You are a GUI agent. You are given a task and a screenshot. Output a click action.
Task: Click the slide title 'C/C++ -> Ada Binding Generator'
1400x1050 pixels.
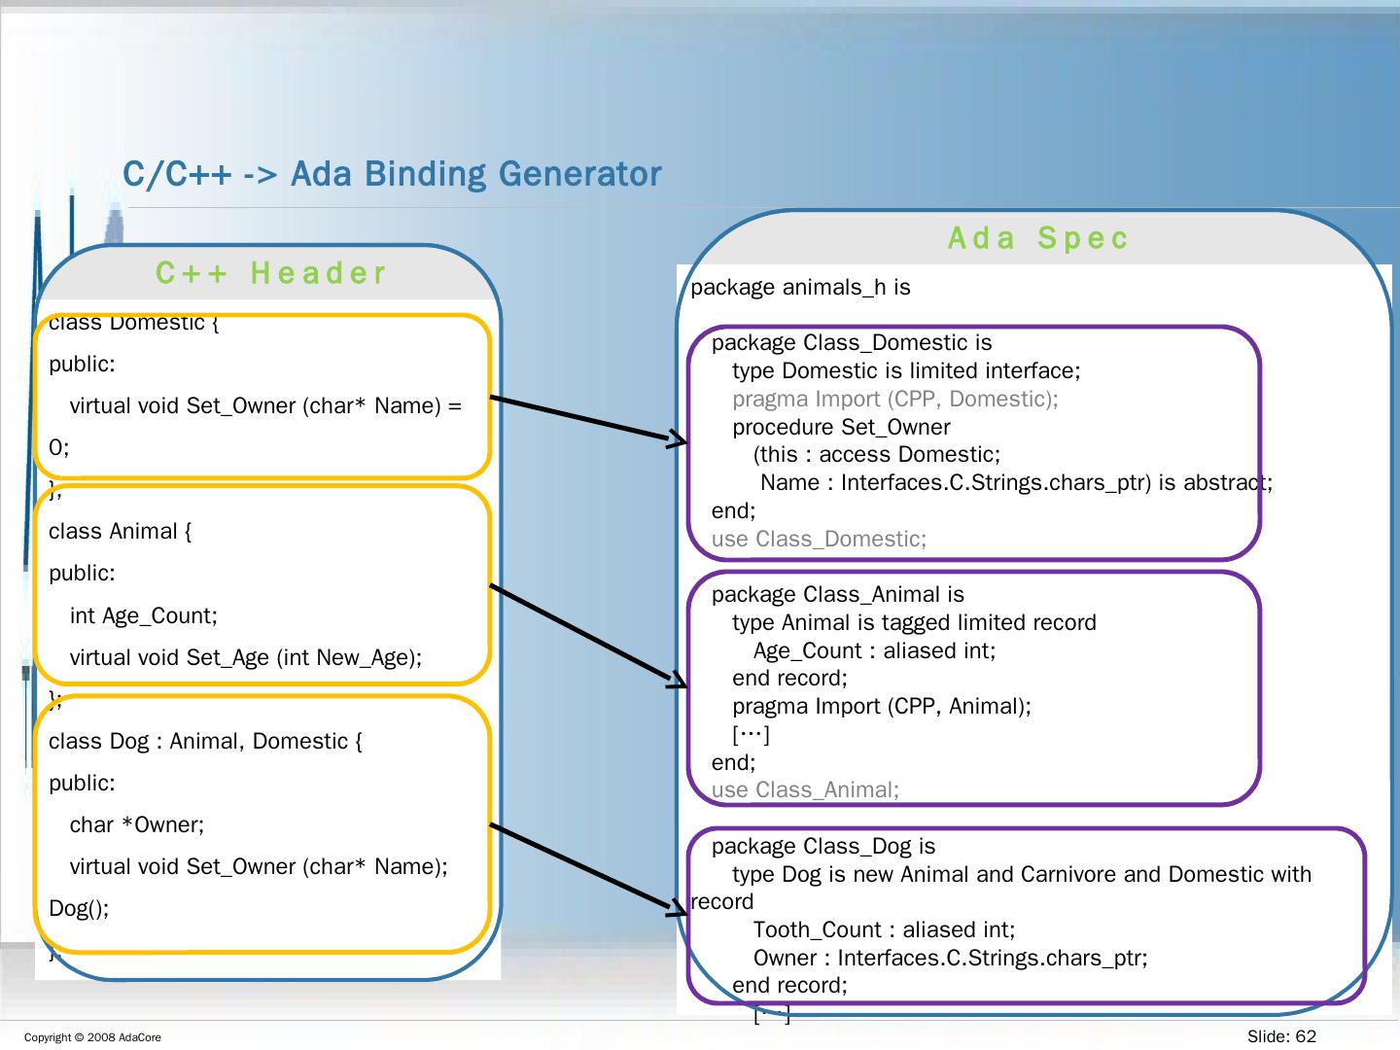pos(392,174)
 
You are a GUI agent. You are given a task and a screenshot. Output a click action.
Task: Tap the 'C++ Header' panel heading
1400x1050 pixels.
pos(271,273)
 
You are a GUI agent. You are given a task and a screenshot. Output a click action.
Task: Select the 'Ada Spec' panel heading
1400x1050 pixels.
pos(1038,238)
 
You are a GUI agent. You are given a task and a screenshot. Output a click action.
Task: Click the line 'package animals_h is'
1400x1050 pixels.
pos(800,288)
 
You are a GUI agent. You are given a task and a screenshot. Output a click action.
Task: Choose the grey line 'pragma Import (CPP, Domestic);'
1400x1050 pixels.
pos(894,399)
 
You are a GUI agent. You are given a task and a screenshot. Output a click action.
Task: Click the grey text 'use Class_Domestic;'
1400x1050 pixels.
pos(819,539)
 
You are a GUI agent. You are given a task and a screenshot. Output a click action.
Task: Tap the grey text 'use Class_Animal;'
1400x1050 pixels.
pos(805,789)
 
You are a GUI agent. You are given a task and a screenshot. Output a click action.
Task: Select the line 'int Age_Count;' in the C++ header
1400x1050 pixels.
pos(143,615)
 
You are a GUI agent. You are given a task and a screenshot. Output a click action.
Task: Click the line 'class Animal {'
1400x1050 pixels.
pos(121,532)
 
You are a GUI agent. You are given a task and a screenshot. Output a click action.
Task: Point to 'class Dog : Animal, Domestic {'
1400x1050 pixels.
pos(205,742)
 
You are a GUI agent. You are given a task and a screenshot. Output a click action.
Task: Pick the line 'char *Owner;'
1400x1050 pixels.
pos(137,825)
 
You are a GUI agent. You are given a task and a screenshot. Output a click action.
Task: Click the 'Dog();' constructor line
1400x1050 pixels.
pos(79,909)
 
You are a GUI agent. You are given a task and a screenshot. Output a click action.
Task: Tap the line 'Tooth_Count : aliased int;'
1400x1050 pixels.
pos(884,930)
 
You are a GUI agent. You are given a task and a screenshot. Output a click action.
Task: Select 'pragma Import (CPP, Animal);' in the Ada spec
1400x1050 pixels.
pos(881,706)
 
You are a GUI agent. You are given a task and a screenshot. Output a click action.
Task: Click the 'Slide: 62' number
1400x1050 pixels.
pos(1281,1036)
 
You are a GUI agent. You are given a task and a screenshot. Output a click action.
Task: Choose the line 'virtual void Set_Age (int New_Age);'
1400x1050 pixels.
pos(246,658)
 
